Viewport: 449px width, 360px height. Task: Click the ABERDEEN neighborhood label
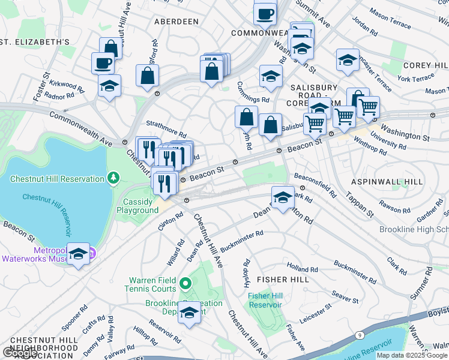coord(176,22)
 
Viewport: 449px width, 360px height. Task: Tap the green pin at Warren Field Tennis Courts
coord(185,283)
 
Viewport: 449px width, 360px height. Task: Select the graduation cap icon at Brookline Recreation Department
coord(190,313)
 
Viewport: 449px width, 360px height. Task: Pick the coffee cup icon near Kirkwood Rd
coord(102,62)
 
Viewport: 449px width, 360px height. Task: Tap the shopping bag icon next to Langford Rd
coord(147,76)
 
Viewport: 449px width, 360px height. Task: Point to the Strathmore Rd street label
coord(167,131)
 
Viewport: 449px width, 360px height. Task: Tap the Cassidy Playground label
coord(137,206)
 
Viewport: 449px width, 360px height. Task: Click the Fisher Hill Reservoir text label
coord(265,299)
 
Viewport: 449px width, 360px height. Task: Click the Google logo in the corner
coord(20,353)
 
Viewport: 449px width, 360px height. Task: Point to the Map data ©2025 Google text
coord(411,355)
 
